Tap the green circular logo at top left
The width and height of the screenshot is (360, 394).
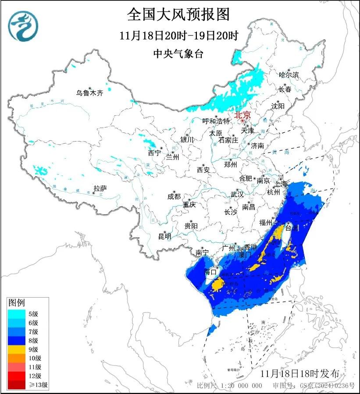(x=24, y=26)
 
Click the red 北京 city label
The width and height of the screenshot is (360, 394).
(x=242, y=115)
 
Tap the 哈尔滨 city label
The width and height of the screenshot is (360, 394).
(x=289, y=75)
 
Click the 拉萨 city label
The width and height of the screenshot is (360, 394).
(x=100, y=188)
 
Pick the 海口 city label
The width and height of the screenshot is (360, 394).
(x=211, y=272)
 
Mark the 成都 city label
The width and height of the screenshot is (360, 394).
(x=174, y=196)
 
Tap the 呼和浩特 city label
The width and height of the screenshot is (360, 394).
(x=216, y=121)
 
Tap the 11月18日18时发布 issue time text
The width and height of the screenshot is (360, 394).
(x=299, y=373)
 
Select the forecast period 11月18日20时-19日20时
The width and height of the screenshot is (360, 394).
(x=178, y=35)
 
